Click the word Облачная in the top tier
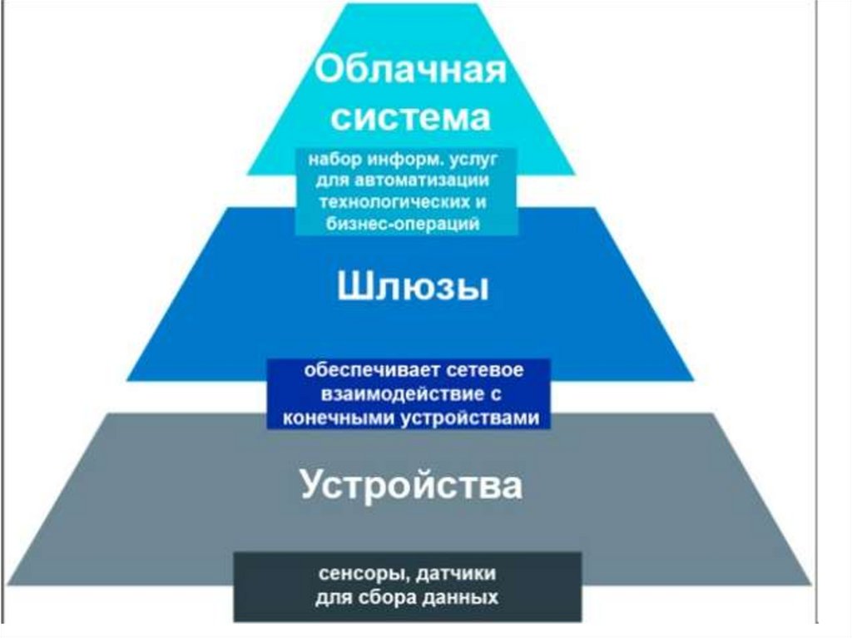click(x=410, y=69)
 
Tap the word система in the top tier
click(x=410, y=118)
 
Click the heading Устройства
click(x=411, y=486)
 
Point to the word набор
click(x=329, y=160)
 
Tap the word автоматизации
click(x=430, y=181)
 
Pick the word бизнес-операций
click(x=407, y=225)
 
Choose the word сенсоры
click(x=357, y=575)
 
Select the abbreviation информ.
click(x=405, y=160)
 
